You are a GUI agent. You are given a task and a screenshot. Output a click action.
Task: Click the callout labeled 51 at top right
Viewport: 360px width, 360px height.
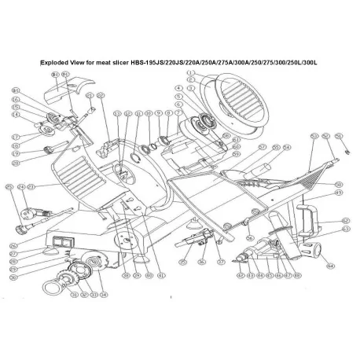(x=339, y=136)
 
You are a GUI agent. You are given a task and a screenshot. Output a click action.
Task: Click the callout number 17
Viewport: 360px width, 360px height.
(x=15, y=136)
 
